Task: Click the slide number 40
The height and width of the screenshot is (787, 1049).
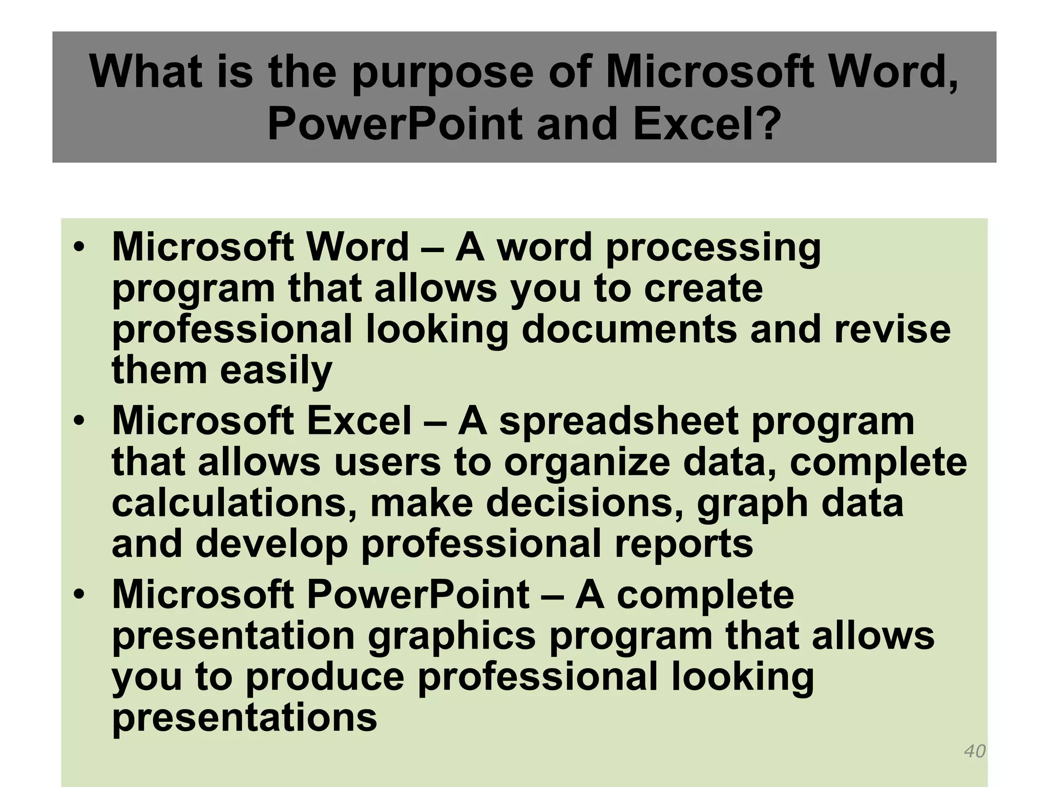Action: (975, 751)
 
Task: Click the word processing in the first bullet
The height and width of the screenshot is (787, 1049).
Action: (713, 248)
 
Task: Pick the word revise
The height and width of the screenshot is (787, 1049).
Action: (892, 329)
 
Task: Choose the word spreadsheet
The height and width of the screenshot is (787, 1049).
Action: (619, 422)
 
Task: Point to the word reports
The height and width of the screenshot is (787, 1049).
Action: (684, 544)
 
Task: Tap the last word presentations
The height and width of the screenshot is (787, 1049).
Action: (244, 718)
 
